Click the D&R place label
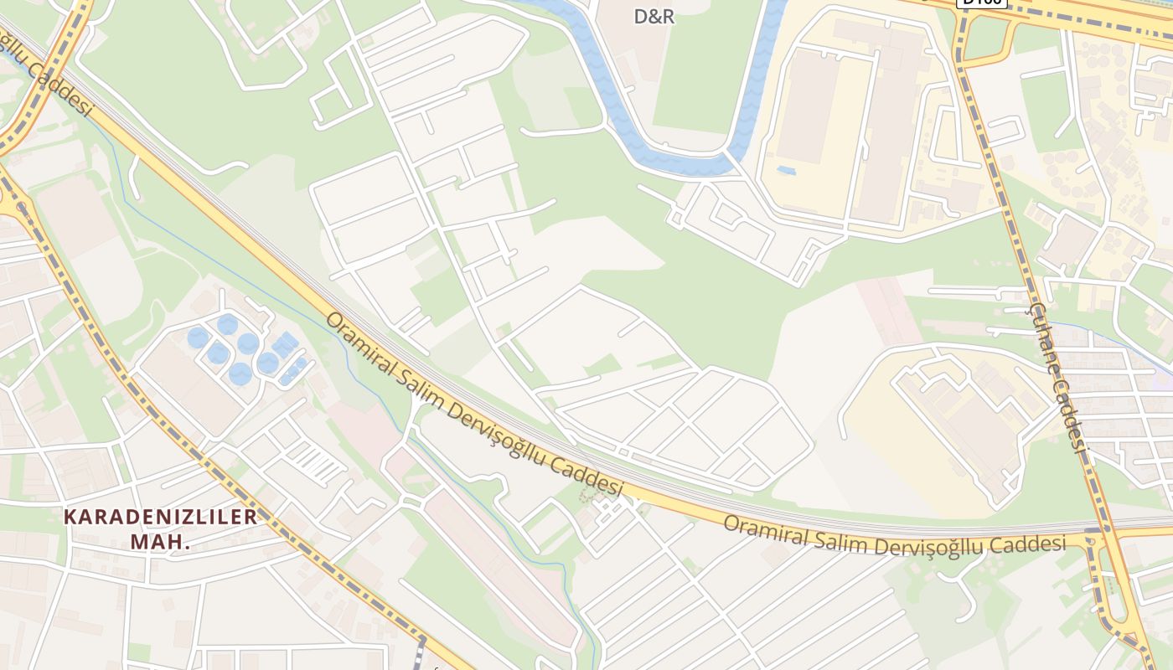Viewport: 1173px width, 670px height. click(x=654, y=16)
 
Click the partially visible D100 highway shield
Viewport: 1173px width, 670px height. click(x=980, y=3)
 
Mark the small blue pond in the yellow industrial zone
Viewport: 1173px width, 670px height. click(x=786, y=170)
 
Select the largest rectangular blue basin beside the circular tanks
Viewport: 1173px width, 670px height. click(x=284, y=343)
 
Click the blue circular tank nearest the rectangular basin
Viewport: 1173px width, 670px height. click(x=268, y=363)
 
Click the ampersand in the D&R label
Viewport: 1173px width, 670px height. click(x=654, y=16)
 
